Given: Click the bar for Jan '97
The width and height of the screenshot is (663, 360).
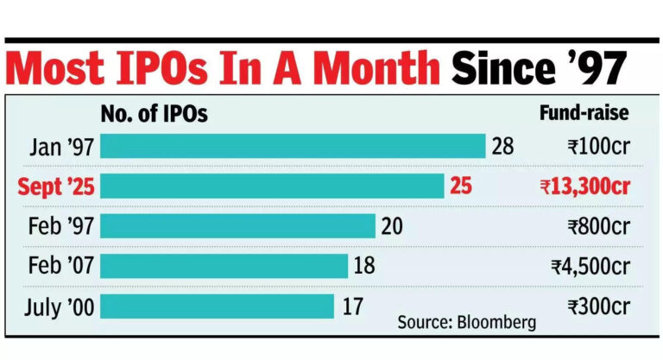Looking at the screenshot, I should pyautogui.click(x=293, y=146).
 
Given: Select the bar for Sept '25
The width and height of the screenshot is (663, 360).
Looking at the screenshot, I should pyautogui.click(x=272, y=186).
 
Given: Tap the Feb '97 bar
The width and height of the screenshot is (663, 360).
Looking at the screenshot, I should pyautogui.click(x=237, y=226).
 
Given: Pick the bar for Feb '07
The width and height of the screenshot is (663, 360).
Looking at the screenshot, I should pyautogui.click(x=224, y=266).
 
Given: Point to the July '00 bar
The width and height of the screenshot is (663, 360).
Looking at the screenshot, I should pyautogui.click(x=217, y=306).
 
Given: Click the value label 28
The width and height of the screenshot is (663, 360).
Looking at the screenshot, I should pyautogui.click(x=502, y=146).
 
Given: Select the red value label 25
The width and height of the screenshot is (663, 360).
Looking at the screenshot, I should pyautogui.click(x=461, y=186).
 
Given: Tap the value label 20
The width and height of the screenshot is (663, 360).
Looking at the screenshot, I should pyautogui.click(x=391, y=226).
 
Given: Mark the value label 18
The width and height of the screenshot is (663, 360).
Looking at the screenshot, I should pyautogui.click(x=363, y=266).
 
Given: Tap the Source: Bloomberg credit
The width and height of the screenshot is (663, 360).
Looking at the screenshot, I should pyautogui.click(x=467, y=323).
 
